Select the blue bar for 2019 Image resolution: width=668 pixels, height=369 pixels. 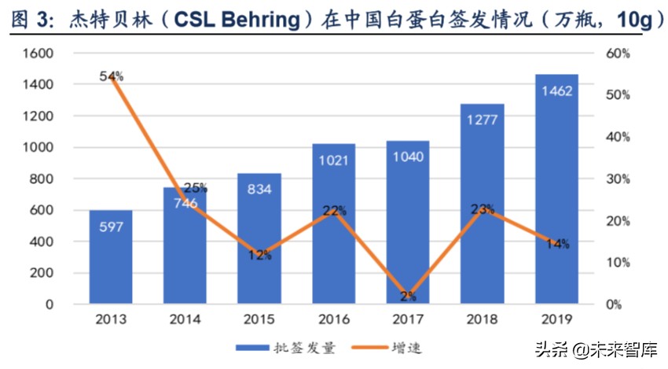[556, 189]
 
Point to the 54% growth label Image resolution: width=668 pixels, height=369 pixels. [112, 76]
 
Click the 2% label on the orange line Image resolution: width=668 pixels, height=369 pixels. [408, 297]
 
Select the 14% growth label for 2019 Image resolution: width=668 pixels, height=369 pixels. [556, 245]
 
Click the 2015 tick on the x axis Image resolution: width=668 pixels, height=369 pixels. [259, 320]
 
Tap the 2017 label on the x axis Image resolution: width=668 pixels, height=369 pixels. [408, 320]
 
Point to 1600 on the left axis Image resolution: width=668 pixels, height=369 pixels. [37, 54]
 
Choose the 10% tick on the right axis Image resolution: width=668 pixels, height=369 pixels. [618, 263]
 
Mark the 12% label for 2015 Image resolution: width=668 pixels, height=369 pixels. [259, 254]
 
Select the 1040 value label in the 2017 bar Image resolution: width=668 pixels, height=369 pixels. [408, 157]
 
